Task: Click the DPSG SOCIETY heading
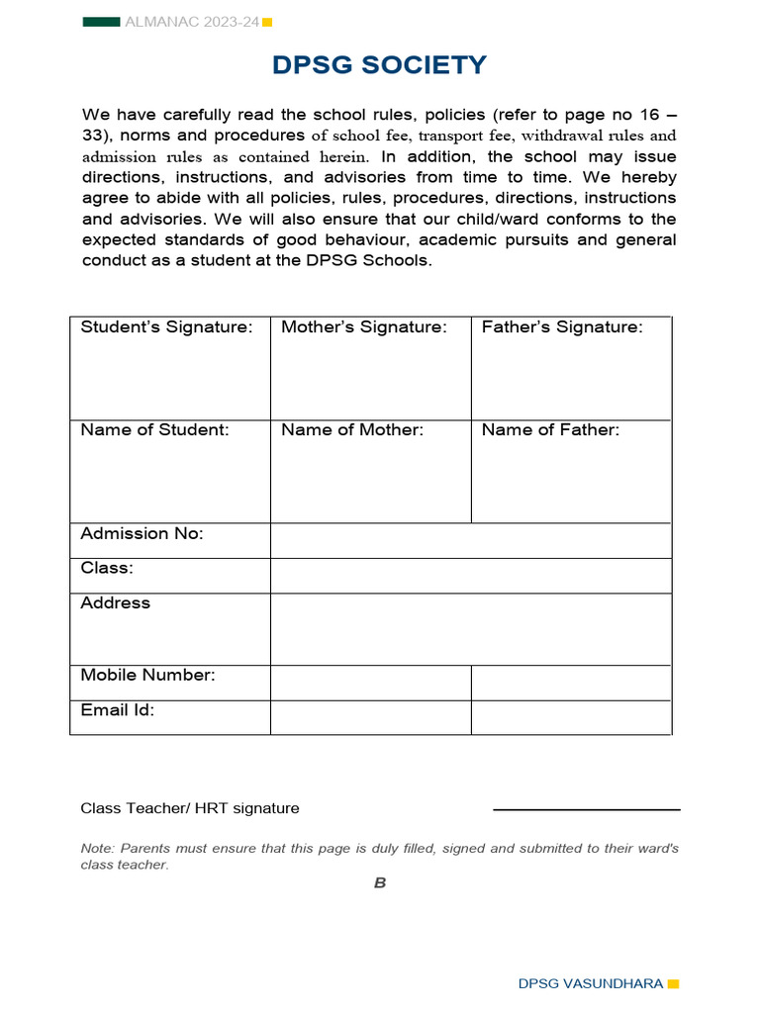tap(380, 65)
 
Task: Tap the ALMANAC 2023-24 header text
tap(191, 22)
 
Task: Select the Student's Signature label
tap(166, 327)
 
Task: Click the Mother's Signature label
tap(364, 327)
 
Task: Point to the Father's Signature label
tap(562, 327)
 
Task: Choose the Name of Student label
tap(154, 430)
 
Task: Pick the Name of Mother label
tap(352, 430)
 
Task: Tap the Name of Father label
tap(550, 430)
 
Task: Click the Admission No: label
tap(142, 534)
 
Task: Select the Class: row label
tap(107, 569)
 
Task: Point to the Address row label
tap(115, 603)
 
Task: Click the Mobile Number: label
tap(147, 676)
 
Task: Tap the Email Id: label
tap(117, 710)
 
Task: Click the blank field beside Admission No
tap(471, 541)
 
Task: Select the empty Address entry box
tap(471, 629)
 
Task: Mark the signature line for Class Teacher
tap(586, 809)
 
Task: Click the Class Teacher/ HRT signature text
tap(189, 808)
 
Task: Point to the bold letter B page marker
tap(380, 883)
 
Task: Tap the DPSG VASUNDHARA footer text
tap(591, 984)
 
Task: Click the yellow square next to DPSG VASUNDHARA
tap(674, 984)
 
